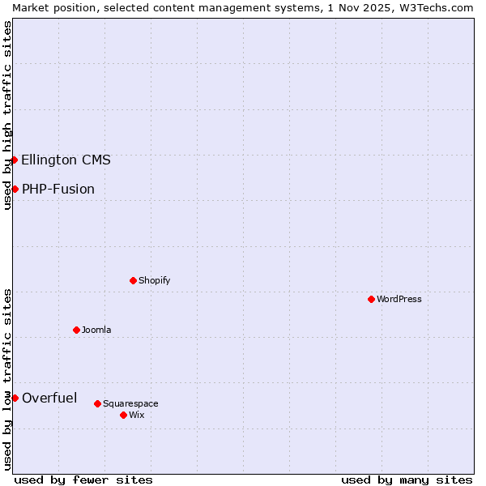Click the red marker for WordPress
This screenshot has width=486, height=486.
tap(371, 299)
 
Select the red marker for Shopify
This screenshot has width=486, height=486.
tap(133, 280)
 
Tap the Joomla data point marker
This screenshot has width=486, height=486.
tap(76, 330)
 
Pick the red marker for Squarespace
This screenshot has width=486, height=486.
tap(97, 403)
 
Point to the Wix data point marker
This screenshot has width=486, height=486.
tap(123, 415)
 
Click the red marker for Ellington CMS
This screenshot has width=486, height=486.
tap(15, 160)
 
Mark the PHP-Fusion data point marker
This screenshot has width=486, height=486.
tap(15, 189)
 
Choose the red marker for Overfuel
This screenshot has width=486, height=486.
tap(15, 398)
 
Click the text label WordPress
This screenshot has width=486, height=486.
tap(399, 299)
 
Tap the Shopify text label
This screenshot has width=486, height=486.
tap(154, 280)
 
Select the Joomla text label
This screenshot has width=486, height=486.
tap(96, 330)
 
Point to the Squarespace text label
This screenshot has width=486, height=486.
tap(130, 403)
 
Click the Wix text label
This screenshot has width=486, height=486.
tap(136, 415)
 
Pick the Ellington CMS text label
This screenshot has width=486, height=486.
tap(66, 160)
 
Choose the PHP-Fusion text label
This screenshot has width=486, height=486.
tap(58, 189)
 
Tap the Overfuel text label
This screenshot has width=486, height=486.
tap(49, 398)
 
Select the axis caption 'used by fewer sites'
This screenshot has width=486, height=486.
tap(83, 480)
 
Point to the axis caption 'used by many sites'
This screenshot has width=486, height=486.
tap(407, 480)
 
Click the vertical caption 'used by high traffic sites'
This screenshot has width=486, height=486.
tap(7, 116)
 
